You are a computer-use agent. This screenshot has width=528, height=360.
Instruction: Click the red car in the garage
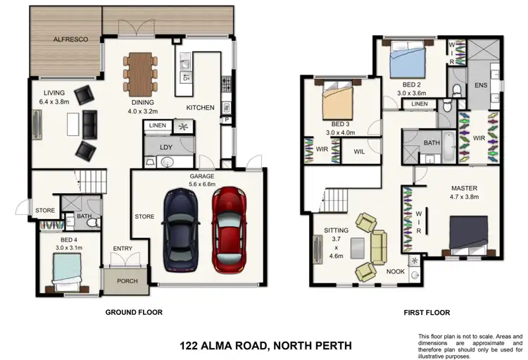230,229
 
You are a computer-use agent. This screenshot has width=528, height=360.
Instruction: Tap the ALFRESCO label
71,40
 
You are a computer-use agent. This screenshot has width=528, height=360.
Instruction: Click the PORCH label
127,281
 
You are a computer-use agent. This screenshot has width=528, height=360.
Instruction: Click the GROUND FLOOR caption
134,311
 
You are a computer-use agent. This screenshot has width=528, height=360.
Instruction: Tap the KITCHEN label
200,108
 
